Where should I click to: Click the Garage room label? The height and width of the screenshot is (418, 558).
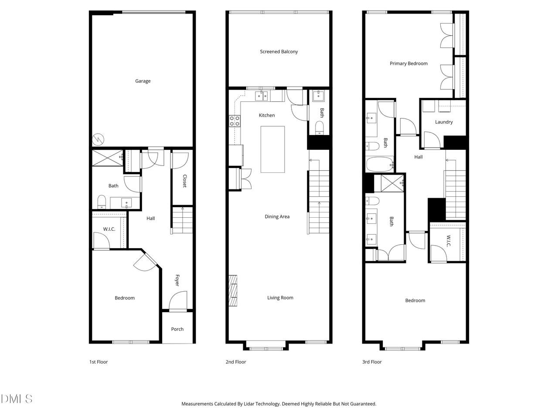(143, 81)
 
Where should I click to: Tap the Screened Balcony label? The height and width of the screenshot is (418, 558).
(279, 51)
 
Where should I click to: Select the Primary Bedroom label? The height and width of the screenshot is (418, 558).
(408, 64)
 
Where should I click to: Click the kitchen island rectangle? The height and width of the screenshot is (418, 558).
(272, 149)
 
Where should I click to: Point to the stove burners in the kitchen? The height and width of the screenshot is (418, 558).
(235, 121)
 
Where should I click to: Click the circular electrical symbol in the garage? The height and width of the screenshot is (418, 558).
(98, 139)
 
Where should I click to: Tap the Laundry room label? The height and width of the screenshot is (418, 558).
(444, 122)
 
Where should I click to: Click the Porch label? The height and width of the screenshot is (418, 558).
(177, 329)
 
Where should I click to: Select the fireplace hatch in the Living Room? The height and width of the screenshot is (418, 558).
(233, 290)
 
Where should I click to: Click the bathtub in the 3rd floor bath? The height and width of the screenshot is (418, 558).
(380, 165)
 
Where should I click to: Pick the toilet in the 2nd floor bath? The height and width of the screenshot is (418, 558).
(319, 128)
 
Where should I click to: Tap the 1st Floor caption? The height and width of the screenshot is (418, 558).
(99, 362)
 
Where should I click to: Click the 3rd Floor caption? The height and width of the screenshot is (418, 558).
(372, 362)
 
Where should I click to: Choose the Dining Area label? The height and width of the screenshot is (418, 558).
(277, 216)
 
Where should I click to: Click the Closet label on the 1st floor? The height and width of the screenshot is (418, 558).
(185, 181)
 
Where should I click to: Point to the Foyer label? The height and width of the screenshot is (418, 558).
(177, 280)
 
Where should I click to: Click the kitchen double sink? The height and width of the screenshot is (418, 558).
(261, 96)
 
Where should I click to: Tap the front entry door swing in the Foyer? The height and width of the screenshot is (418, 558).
(178, 301)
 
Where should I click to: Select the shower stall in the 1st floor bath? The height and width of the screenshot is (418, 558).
(107, 158)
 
